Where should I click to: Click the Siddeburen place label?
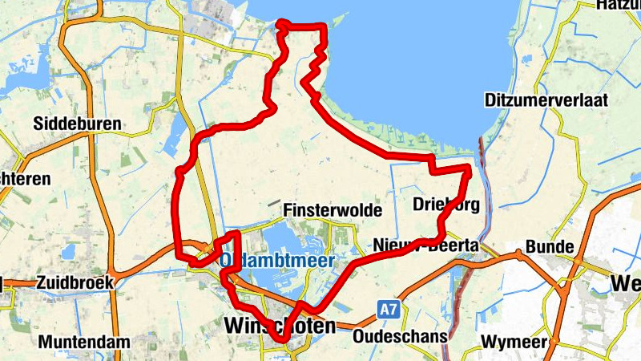[x=77, y=124]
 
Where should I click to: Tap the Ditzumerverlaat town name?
[x=546, y=100]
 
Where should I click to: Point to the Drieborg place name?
[x=447, y=205]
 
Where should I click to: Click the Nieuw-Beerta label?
[x=425, y=245]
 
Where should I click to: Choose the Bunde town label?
[x=550, y=245]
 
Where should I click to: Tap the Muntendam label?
[x=83, y=343]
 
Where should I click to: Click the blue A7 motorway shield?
[x=389, y=308]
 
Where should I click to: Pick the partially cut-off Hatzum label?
[x=619, y=5]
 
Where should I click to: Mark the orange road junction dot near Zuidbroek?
[x=116, y=277]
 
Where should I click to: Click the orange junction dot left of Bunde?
[x=518, y=254]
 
